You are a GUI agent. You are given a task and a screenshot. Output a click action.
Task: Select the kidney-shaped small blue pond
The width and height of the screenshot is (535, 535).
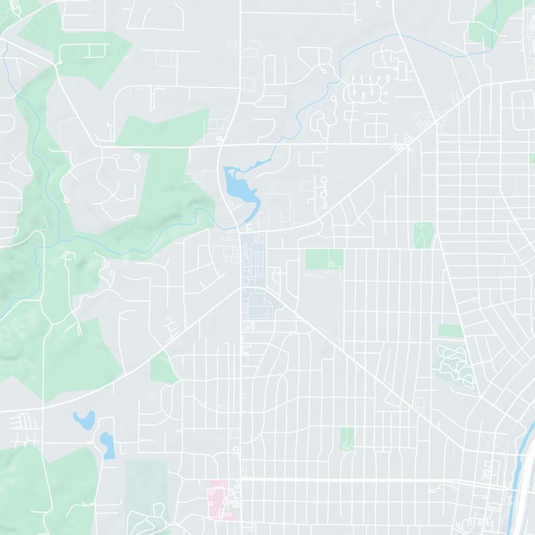point(84,421)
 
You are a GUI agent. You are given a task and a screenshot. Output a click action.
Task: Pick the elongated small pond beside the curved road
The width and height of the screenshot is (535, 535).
point(107,445)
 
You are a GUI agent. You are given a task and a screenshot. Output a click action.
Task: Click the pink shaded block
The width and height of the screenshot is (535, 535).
point(219,498)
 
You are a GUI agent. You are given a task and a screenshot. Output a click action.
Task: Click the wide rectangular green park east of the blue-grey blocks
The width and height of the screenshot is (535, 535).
point(324,259)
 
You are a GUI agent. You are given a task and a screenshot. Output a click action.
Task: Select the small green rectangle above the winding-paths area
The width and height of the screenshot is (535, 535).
point(451,331)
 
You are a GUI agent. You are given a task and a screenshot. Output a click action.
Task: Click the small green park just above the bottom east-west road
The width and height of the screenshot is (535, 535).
point(347,439)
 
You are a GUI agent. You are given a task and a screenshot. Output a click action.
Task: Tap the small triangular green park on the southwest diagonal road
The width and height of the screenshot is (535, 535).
point(163,368)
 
